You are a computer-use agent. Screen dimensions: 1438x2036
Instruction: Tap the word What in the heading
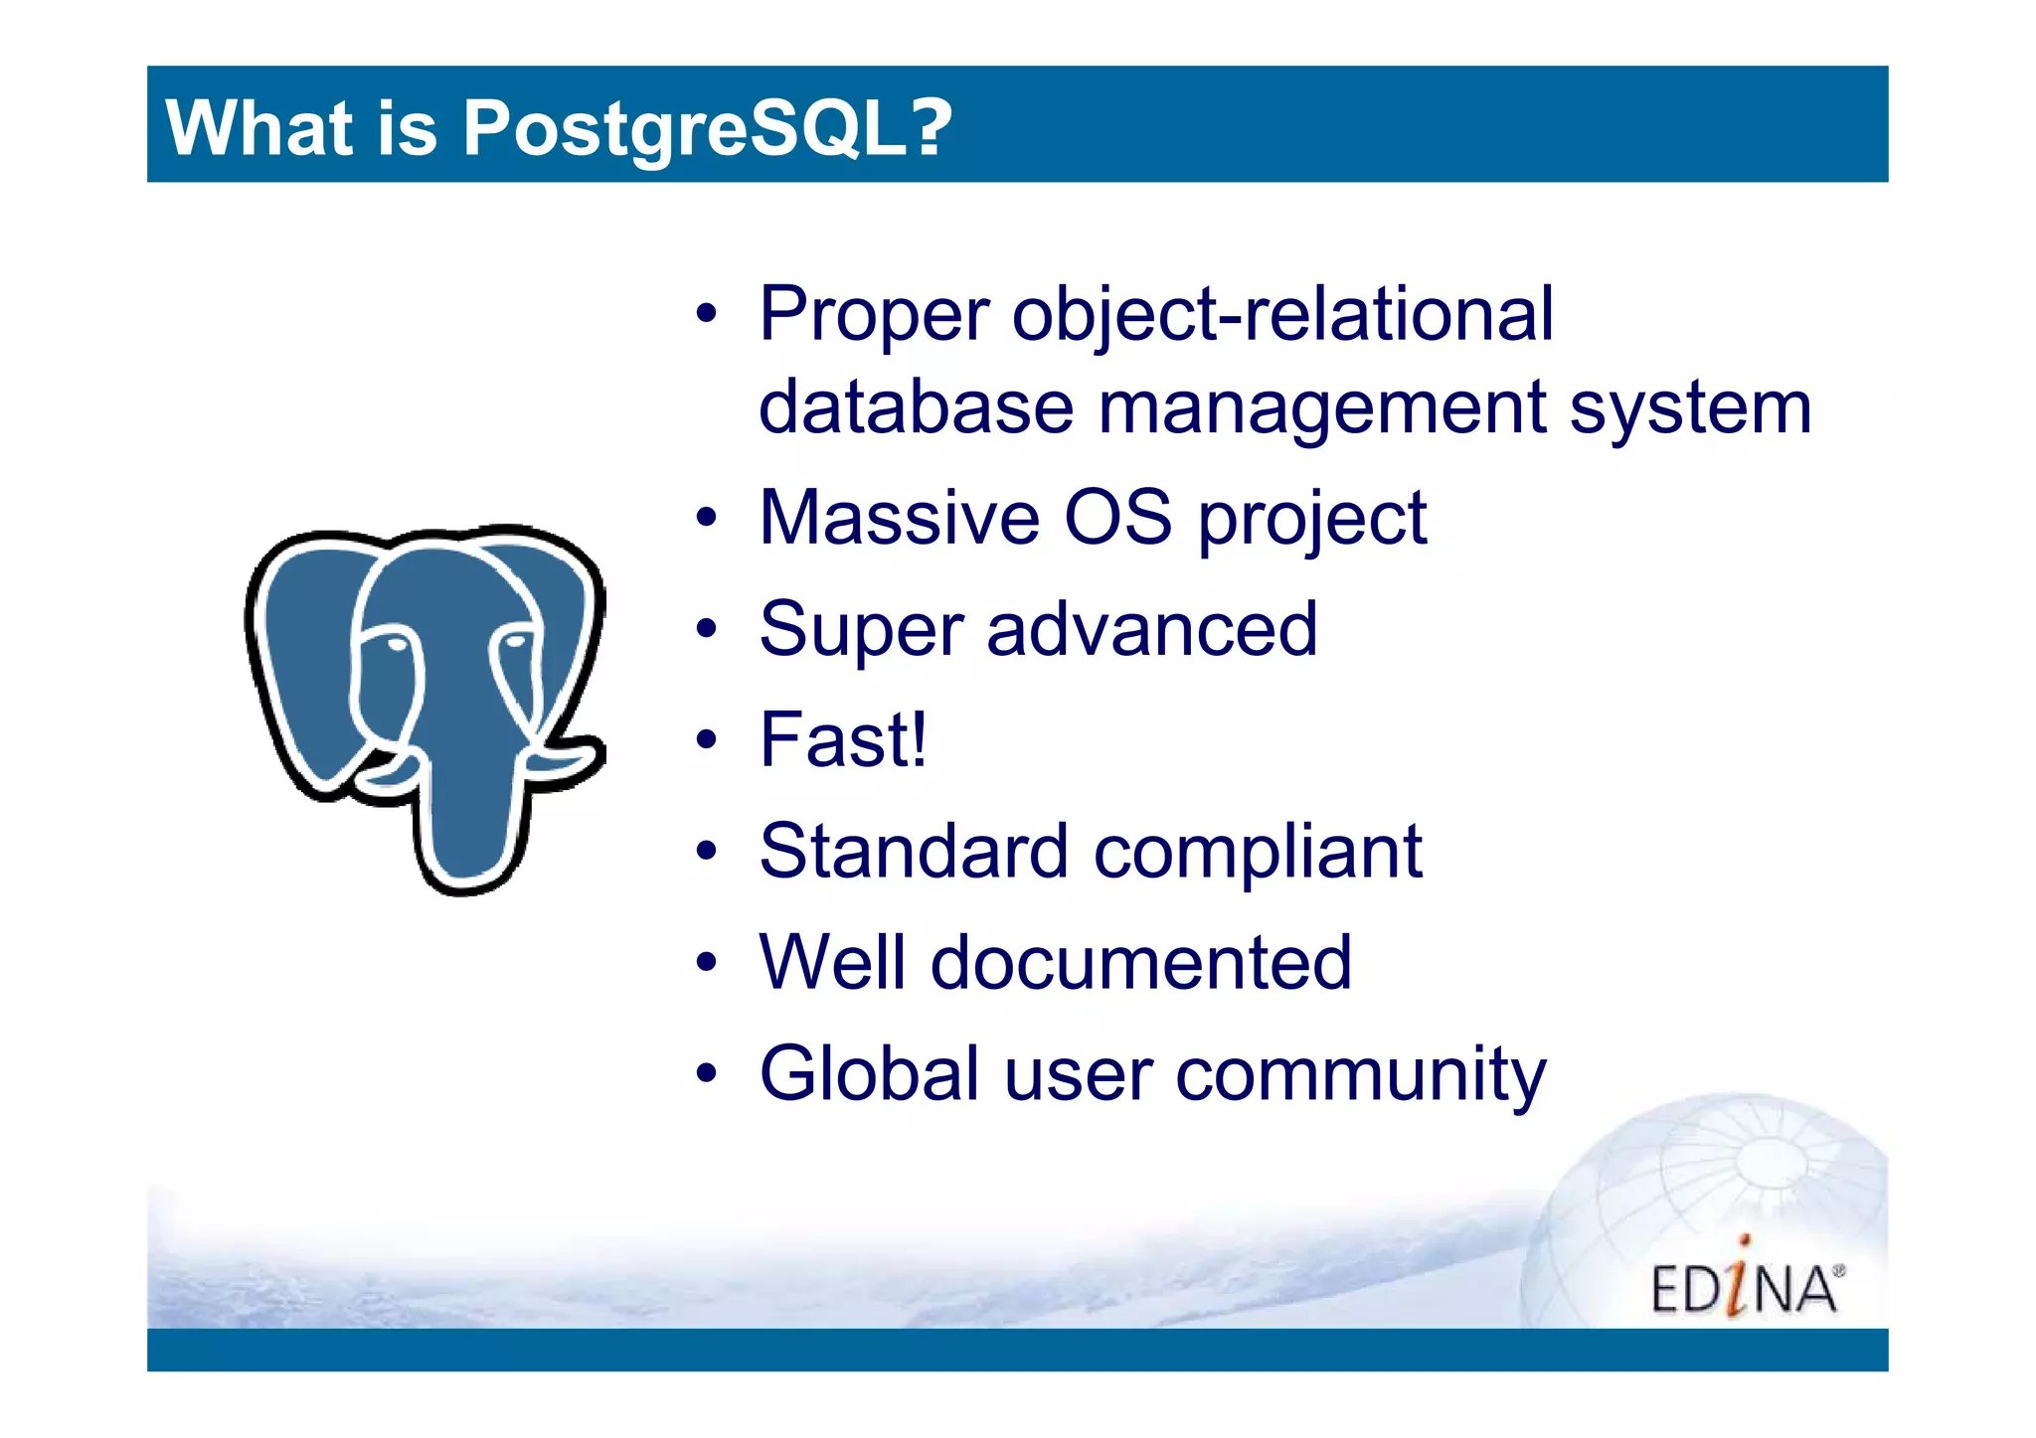(259, 129)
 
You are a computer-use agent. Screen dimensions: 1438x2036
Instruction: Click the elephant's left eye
(397, 645)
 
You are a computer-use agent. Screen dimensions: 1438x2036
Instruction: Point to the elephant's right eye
(515, 641)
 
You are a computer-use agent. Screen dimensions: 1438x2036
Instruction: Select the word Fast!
(843, 740)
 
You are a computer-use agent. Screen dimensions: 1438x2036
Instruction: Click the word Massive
(900, 519)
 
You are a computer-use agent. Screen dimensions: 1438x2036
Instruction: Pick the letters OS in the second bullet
(1117, 519)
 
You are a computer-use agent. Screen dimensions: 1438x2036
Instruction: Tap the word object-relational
(1282, 314)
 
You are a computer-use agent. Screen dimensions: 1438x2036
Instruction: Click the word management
(1322, 408)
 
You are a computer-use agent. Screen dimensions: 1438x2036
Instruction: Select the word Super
(861, 630)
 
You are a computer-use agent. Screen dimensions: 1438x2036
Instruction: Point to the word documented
(1140, 963)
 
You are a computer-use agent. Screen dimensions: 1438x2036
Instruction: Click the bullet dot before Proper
(706, 314)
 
